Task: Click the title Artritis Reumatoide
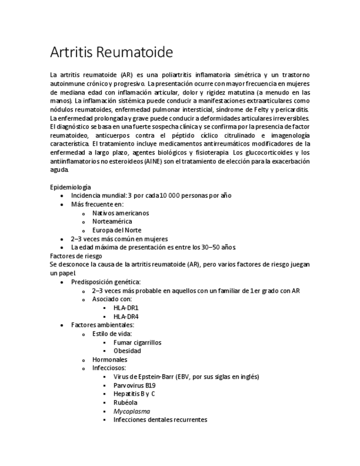pos(111,53)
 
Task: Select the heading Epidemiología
pos(70,187)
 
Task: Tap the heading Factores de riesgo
pos(76,256)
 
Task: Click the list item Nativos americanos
pos(120,213)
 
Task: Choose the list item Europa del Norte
pos(117,230)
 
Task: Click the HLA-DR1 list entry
pos(126,308)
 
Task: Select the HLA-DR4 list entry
pos(126,317)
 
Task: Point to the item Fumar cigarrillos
pos(137,342)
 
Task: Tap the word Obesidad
pos(127,351)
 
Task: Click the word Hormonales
pos(109,359)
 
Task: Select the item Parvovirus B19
pos(134,385)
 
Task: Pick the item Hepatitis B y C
pos(134,393)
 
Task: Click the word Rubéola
pos(125,402)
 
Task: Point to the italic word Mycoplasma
pos(131,411)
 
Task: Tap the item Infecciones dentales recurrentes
pos(160,419)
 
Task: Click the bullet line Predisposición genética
pos(106,282)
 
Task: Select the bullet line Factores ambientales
pos(102,325)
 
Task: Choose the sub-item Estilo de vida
pos(112,334)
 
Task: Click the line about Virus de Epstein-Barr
pos(186,376)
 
